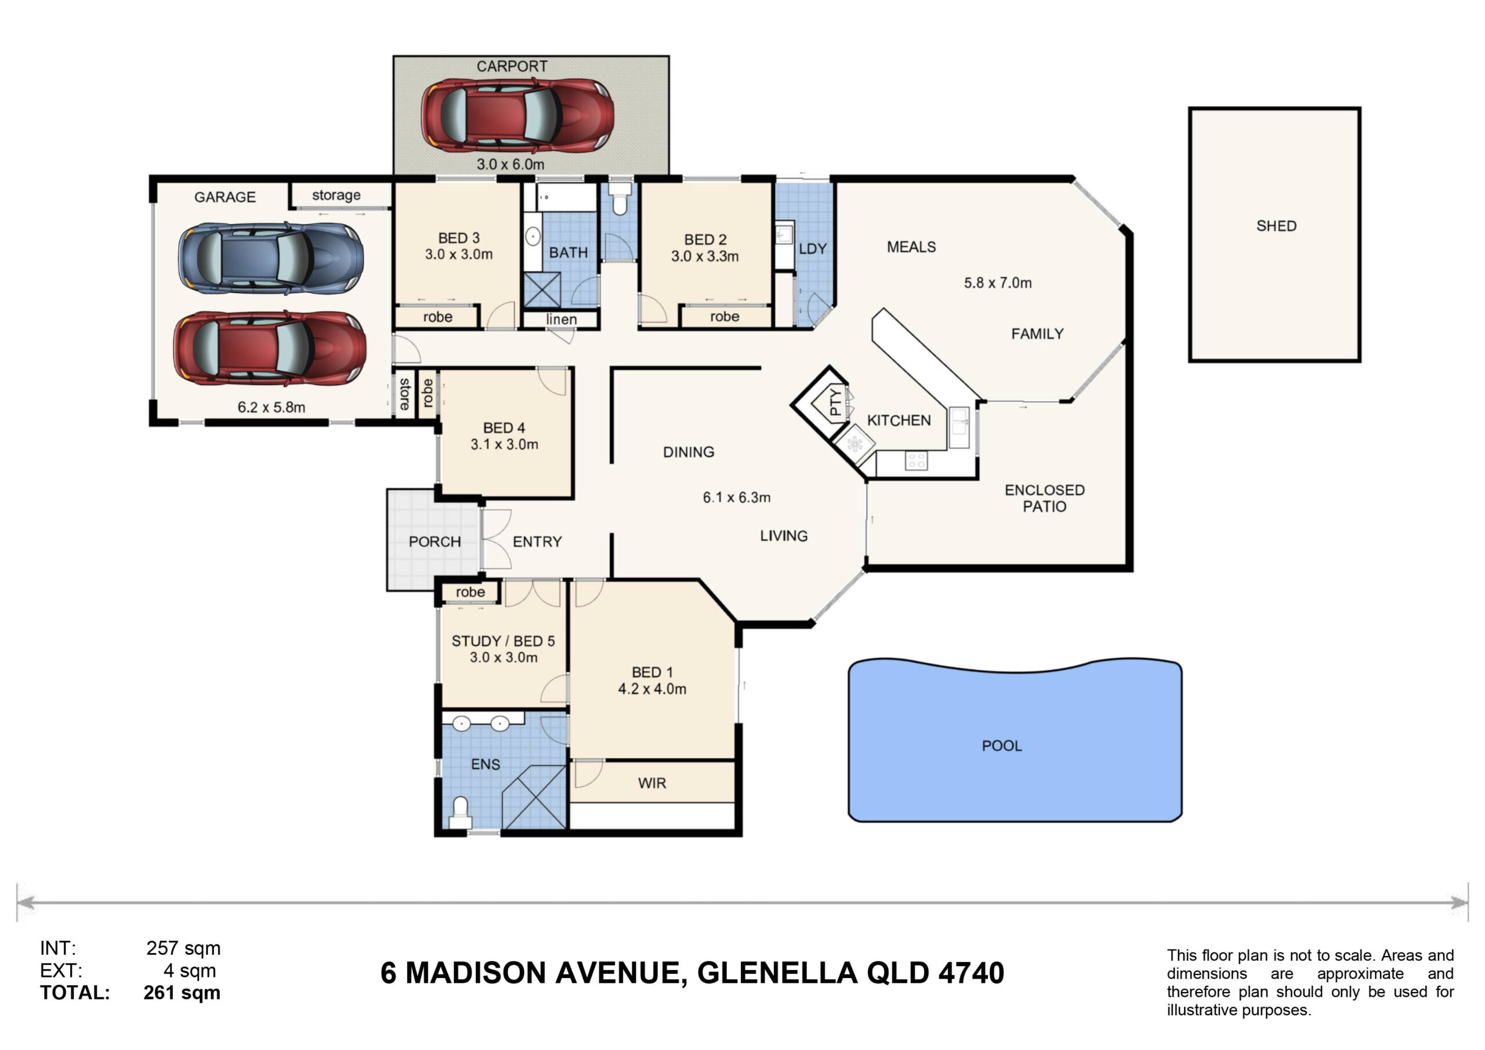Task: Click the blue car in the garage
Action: [270, 258]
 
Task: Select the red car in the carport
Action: [517, 116]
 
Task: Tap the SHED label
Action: [1276, 226]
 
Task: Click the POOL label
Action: [1002, 746]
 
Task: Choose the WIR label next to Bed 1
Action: [652, 783]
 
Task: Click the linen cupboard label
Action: [562, 319]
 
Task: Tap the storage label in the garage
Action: [336, 195]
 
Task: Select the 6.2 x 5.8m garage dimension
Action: [271, 408]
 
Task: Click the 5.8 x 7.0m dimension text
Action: [998, 282]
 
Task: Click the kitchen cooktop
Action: [917, 461]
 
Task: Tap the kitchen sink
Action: [958, 427]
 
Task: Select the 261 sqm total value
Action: [182, 993]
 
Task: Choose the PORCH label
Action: [434, 542]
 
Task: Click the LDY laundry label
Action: [812, 249]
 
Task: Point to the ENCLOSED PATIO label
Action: [1045, 498]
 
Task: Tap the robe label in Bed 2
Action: [725, 317]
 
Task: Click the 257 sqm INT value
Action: [183, 949]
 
